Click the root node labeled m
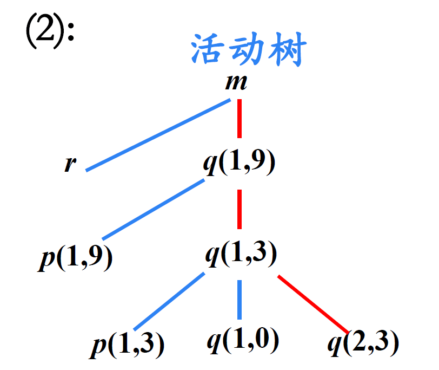coord(236,83)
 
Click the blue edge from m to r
coord(159,135)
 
